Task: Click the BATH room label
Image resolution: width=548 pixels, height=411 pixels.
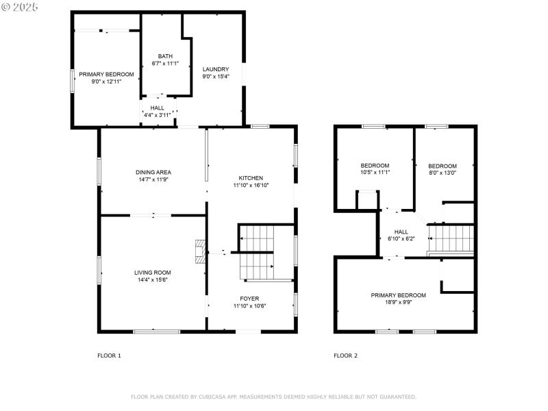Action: point(165,56)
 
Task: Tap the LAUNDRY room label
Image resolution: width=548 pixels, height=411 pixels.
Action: point(215,69)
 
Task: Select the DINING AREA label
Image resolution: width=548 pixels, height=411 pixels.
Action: point(153,172)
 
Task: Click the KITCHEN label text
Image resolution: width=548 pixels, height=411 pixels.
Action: point(250,178)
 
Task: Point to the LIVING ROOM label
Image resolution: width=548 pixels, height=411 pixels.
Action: point(152,273)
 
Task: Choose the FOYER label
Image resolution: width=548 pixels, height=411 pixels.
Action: point(249,298)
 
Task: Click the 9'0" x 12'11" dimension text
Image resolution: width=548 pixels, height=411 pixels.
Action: point(106,82)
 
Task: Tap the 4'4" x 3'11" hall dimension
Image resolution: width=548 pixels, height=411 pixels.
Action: point(157,115)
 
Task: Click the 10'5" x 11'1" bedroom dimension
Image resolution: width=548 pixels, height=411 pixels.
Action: point(375,172)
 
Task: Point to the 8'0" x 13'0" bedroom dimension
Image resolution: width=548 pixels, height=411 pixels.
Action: point(442,173)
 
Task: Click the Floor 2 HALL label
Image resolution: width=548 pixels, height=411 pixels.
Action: point(401,232)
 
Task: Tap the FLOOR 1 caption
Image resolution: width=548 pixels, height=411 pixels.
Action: point(109,356)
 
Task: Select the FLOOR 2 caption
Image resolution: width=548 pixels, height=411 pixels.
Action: point(345,356)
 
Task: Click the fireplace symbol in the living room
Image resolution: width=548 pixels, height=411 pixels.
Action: point(200,251)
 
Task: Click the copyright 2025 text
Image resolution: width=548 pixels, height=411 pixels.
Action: point(20,6)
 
